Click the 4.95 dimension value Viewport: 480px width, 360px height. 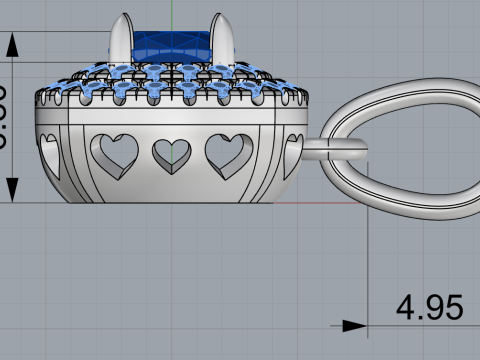pyautogui.click(x=429, y=307)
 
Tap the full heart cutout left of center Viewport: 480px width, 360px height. pyautogui.click(x=115, y=151)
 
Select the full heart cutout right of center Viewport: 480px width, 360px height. pyautogui.click(x=227, y=151)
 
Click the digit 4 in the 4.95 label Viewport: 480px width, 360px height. pyautogui.click(x=407, y=307)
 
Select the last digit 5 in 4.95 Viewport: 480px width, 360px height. pyautogui.click(x=452, y=307)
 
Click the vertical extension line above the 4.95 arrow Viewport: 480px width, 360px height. pyautogui.click(x=369, y=260)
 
